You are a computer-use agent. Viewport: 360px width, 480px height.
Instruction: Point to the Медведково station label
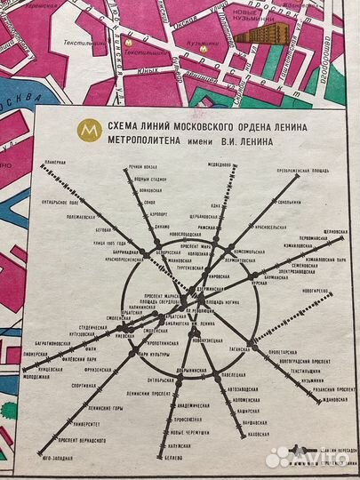tap(220, 163)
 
